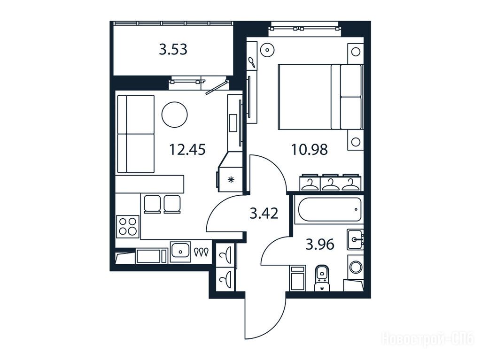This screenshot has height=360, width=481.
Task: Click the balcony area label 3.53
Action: point(173,49)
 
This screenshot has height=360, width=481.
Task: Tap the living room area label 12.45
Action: point(187,150)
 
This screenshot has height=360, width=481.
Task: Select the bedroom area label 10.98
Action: point(309,150)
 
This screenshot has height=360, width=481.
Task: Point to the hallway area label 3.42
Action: point(264,214)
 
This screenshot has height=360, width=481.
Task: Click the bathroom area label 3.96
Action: point(320,245)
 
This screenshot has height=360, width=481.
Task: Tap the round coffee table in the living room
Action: point(174,115)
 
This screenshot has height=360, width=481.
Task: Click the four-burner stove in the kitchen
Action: point(128,226)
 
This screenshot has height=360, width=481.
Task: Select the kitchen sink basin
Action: point(180,252)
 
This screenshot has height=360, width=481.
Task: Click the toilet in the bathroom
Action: point(321,277)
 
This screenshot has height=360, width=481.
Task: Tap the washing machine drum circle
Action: point(356,267)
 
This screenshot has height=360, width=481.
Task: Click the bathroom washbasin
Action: point(356,239)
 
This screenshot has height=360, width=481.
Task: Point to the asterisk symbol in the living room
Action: point(231,180)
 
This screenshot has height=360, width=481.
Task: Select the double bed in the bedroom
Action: point(320,97)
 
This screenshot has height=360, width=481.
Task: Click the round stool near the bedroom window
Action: point(267,49)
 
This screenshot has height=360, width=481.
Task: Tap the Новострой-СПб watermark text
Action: point(427,339)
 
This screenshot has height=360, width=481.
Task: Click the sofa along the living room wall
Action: point(136,134)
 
